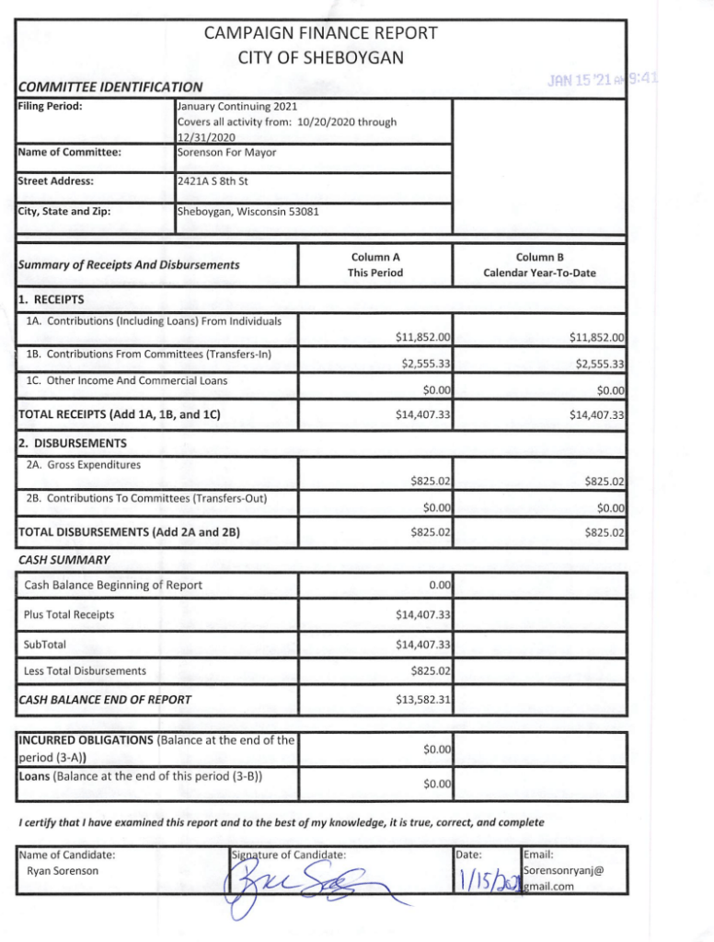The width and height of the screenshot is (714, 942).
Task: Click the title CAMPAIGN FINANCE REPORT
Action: [320, 34]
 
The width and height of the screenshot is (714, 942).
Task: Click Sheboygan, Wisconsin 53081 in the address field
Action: [248, 211]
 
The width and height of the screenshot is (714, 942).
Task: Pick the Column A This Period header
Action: [374, 265]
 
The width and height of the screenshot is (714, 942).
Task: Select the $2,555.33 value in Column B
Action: [599, 364]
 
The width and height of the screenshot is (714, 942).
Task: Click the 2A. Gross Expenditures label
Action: [84, 464]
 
